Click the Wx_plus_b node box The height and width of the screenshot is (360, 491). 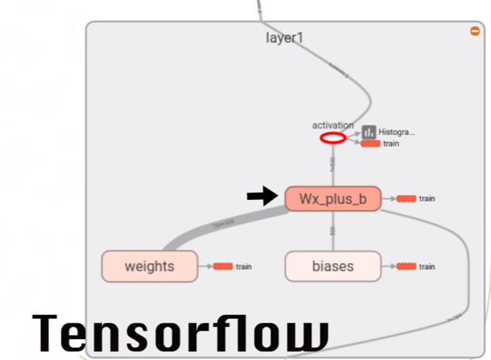pyautogui.click(x=332, y=199)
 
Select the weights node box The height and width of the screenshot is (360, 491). pyautogui.click(x=149, y=267)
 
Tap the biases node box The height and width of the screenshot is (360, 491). pyautogui.click(x=332, y=267)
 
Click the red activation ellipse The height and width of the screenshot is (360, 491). pyautogui.click(x=333, y=139)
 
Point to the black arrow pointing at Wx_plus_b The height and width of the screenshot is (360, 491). pyautogui.click(x=262, y=197)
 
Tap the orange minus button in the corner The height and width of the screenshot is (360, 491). pyautogui.click(x=475, y=31)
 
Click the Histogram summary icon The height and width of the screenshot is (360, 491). pyautogui.click(x=369, y=132)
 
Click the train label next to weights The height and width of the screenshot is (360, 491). pyautogui.click(x=244, y=267)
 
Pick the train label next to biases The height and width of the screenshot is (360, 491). pyautogui.click(x=427, y=267)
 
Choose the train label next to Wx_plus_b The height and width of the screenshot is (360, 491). pyautogui.click(x=427, y=199)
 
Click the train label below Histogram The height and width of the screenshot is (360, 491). pyautogui.click(x=391, y=144)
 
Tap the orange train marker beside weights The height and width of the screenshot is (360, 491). pyautogui.click(x=223, y=267)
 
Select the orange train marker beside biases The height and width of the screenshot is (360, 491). pyautogui.click(x=406, y=267)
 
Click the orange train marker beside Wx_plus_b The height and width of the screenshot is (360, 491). pyautogui.click(x=406, y=199)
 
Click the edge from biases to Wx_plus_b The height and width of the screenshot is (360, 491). pyautogui.click(x=332, y=231)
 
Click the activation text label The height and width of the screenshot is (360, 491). pyautogui.click(x=333, y=125)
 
